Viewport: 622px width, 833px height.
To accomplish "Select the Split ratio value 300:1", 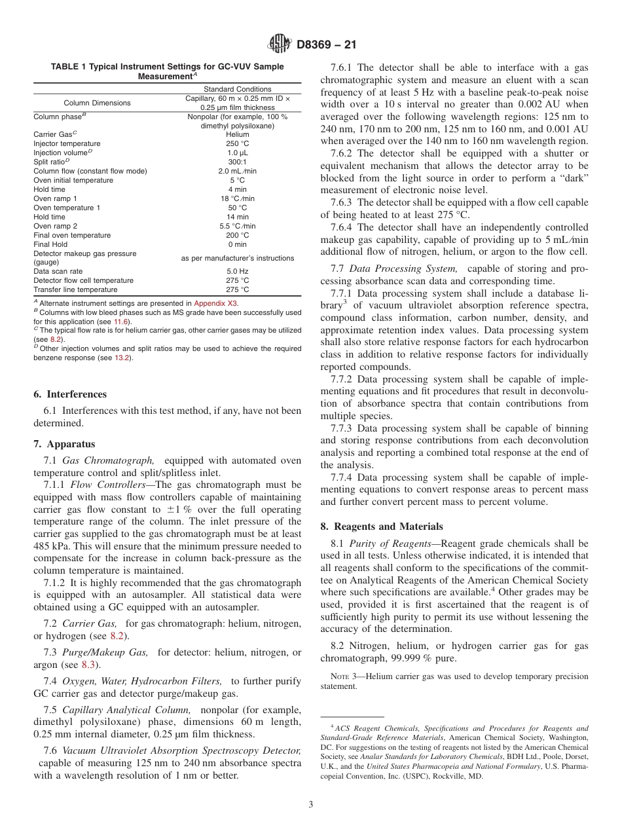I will coord(236,162).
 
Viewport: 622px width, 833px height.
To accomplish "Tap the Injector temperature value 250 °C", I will coord(236,143).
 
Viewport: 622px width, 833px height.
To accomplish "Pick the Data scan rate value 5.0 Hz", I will coord(236,271).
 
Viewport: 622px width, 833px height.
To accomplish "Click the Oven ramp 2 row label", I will coord(55,226).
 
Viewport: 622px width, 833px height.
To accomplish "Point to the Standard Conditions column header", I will coord(237,89).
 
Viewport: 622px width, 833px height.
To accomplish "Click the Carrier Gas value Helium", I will coord(236,134).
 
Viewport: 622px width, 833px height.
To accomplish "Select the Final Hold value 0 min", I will coord(236,244).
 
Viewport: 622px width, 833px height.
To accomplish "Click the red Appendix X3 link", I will coord(216,303).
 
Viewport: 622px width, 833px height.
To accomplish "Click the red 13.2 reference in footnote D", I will coord(122,358).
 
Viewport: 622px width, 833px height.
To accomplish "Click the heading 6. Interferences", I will coord(70,394).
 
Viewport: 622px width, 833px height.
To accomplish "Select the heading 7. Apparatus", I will coord(64,444).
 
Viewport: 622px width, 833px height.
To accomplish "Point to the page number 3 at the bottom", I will coord(311,804).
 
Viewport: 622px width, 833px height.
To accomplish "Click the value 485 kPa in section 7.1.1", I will coord(50,546).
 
